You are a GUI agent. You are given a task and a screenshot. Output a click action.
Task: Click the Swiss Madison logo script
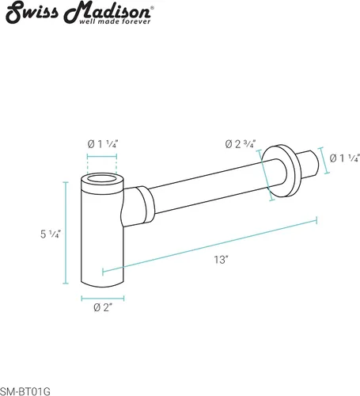78,11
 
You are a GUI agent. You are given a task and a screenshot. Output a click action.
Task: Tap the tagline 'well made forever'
115,21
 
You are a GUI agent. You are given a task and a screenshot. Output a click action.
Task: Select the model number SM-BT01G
25,391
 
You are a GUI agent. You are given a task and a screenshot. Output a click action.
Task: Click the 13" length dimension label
221,260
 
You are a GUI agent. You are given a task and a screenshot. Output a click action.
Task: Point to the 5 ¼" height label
51,234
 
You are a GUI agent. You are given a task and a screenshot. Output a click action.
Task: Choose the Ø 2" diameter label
103,307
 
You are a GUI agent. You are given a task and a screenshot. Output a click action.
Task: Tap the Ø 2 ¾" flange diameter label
241,144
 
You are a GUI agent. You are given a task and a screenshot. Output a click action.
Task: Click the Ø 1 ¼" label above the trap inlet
102,144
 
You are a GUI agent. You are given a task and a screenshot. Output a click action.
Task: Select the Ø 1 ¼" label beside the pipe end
345,158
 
